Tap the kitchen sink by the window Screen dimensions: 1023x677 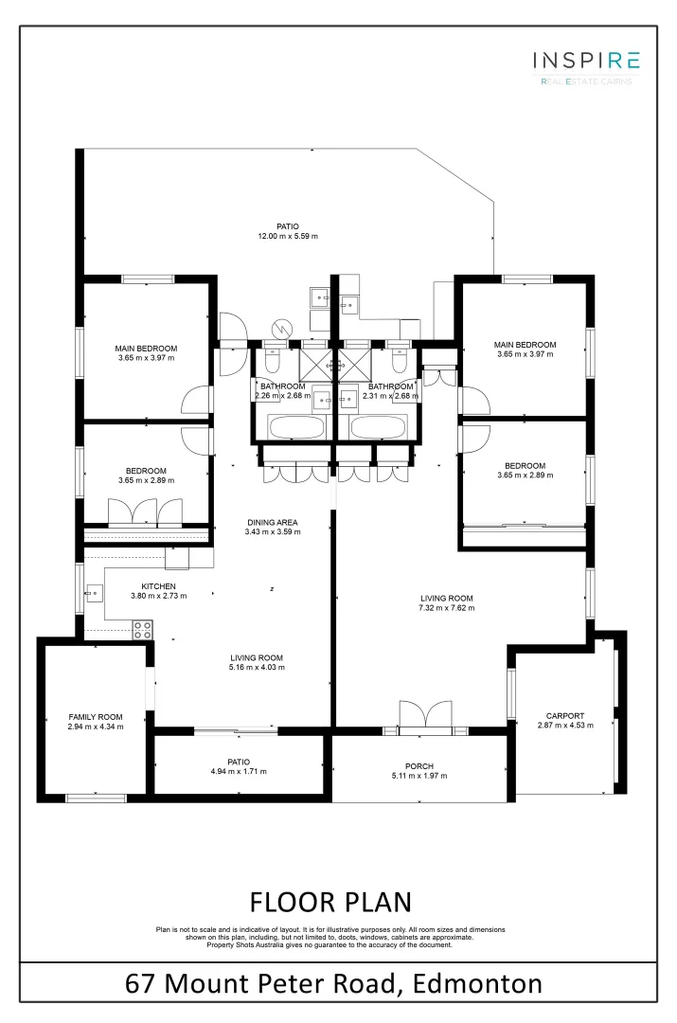pyautogui.click(x=93, y=594)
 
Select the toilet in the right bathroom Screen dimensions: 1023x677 pyautogui.click(x=399, y=361)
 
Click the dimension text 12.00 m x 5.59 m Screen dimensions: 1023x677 pyautogui.click(x=288, y=237)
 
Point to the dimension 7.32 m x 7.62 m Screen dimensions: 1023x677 pyautogui.click(x=447, y=608)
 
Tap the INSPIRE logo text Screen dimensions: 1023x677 pyautogui.click(x=585, y=62)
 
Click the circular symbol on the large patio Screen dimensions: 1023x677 pyautogui.click(x=280, y=329)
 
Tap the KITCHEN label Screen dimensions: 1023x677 pyautogui.click(x=158, y=586)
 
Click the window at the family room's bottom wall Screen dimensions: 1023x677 pyautogui.click(x=96, y=796)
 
